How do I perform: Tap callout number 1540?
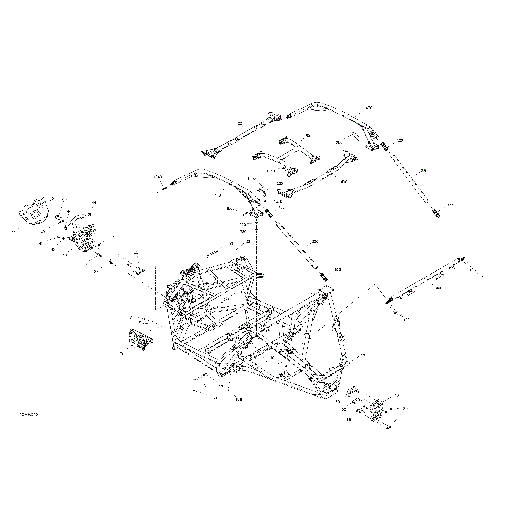coord(158,177)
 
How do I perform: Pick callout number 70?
coord(122,354)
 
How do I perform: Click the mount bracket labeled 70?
coord(141,339)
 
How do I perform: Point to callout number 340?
coord(437,288)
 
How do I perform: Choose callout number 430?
coord(344,182)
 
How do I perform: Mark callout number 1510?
coord(270,171)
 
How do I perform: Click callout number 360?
coord(238,292)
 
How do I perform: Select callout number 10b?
coord(273,358)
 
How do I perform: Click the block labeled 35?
coord(111,262)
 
